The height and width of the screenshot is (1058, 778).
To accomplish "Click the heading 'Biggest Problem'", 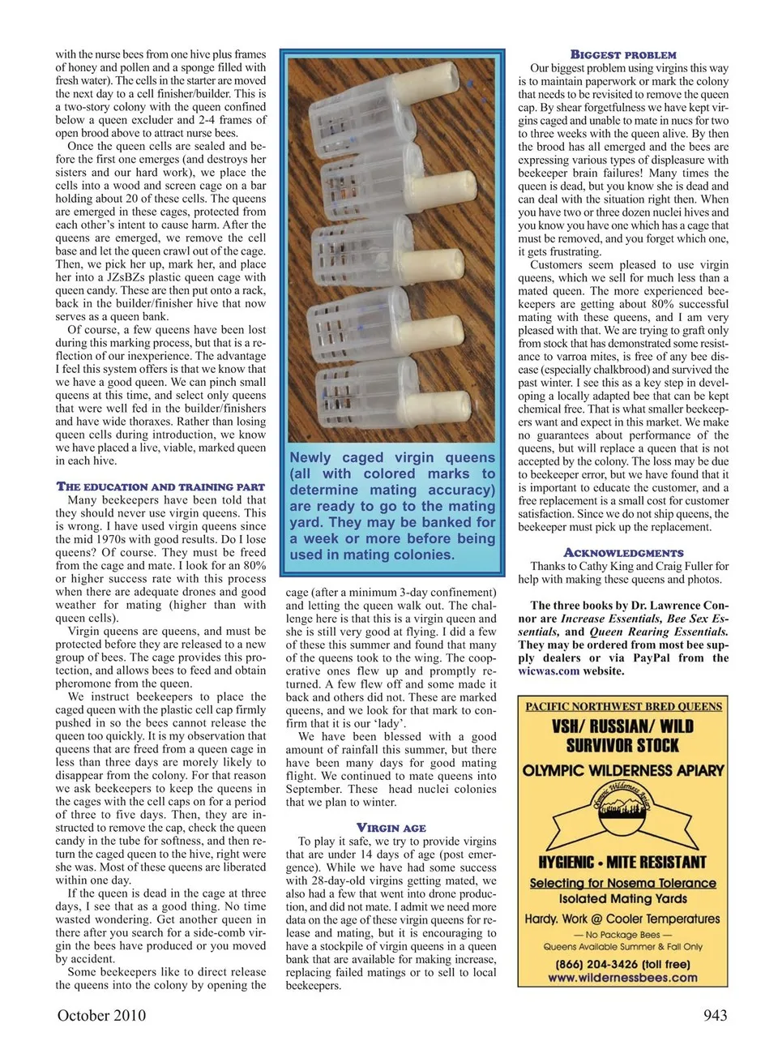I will [623, 55].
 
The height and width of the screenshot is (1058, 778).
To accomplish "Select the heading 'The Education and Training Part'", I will [160, 486].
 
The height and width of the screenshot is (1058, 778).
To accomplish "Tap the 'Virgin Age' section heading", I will [391, 828].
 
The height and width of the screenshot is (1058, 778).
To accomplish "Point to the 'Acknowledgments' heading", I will [623, 553].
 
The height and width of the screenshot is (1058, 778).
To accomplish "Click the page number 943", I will [711, 1015].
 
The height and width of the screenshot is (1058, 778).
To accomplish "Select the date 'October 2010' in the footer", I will [102, 1015].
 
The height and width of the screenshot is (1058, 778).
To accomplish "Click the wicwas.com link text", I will [549, 671].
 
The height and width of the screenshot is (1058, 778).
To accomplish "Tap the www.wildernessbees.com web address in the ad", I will [622, 978].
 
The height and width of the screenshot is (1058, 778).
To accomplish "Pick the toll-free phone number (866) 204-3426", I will [622, 964].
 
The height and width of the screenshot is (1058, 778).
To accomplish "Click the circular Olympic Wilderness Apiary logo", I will [623, 814].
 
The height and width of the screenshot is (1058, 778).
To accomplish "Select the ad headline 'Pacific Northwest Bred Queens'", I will [623, 706].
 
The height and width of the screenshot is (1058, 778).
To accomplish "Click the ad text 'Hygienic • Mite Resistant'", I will [622, 862].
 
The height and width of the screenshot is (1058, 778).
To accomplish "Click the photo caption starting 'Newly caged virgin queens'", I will [392, 506].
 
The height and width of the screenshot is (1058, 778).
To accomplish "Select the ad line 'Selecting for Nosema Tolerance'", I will [622, 883].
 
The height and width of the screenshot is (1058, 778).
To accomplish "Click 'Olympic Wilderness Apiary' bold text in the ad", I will [623, 769].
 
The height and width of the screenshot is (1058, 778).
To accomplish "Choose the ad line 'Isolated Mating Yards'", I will [622, 898].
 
